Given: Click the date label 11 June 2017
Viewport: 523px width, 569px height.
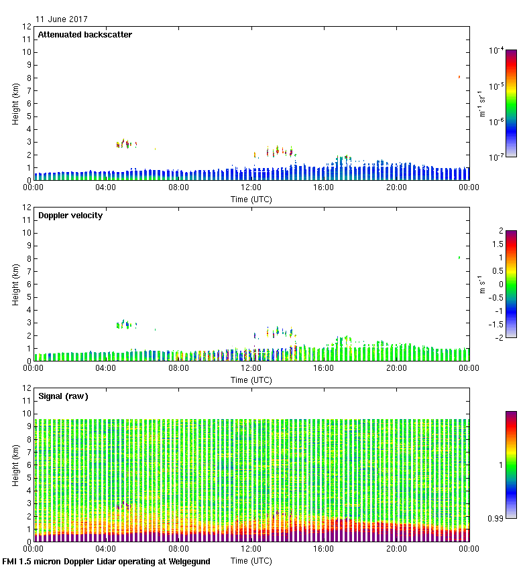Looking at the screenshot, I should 61,19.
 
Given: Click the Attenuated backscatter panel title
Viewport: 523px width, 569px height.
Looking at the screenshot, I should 84,35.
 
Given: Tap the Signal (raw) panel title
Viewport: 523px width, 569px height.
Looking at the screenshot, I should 63,396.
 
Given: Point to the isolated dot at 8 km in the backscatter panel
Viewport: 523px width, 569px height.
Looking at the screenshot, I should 459,77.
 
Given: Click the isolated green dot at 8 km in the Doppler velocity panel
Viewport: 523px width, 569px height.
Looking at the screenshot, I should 459,258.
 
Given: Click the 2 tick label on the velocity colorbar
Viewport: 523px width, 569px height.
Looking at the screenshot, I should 501,231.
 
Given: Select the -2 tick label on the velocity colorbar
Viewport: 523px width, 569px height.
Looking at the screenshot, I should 499,337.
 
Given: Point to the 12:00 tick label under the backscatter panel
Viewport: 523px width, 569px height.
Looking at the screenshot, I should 251,187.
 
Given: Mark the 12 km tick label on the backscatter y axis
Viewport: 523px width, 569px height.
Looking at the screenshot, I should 27,27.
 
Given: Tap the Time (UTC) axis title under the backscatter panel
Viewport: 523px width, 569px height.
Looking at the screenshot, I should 251,199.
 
